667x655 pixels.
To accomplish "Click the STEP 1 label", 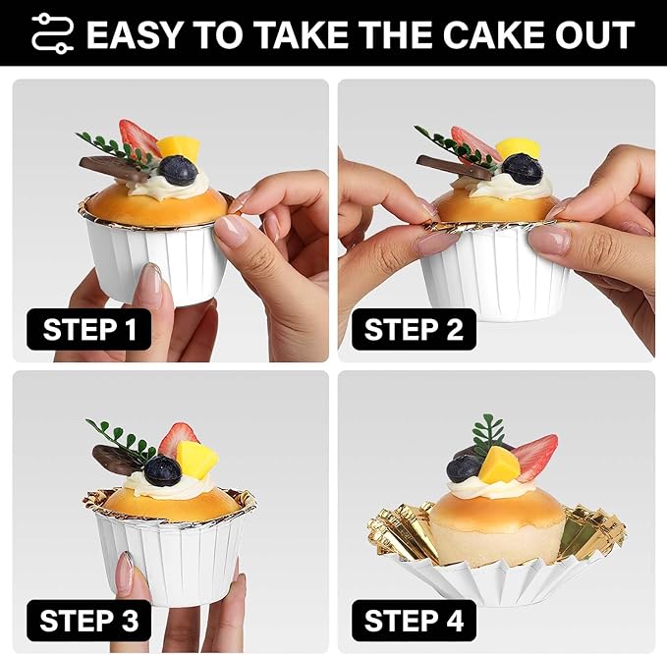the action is tap(89, 330).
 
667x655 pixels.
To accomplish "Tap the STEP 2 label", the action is tap(414, 330).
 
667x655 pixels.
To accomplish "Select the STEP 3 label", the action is tap(89, 621).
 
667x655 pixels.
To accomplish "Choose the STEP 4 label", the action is tap(414, 621).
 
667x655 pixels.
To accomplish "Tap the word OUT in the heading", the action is tap(594, 34).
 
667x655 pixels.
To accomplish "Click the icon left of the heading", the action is tap(52, 33).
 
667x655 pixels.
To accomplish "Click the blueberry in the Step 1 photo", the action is tap(178, 170).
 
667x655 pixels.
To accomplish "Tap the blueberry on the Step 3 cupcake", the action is tap(163, 470).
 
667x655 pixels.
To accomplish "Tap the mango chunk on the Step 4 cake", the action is tap(498, 465).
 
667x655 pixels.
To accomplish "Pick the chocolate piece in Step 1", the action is tap(114, 169).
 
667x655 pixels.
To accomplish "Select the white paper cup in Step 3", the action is tap(172, 555).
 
